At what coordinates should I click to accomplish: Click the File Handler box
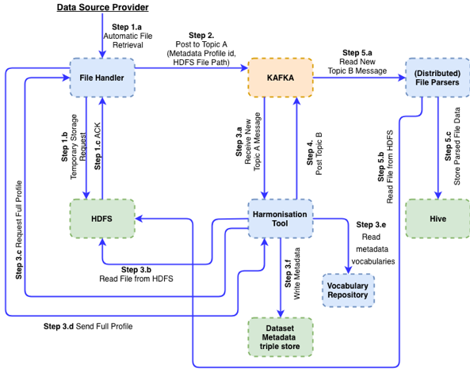coord(102,78)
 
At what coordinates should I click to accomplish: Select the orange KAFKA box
coord(281,78)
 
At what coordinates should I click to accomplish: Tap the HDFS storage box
coord(102,218)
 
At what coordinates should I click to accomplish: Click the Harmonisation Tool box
coord(281,218)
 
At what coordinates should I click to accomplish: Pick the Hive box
coord(438,218)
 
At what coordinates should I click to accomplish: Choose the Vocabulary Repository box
coord(348,290)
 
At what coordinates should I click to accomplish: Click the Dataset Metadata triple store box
coord(281,337)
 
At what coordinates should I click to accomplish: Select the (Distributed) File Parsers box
coord(438,78)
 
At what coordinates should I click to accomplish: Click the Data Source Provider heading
coord(102,7)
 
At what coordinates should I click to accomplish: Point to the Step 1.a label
coord(127,27)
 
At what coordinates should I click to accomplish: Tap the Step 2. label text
coord(201,36)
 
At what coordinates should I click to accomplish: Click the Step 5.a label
coord(357,53)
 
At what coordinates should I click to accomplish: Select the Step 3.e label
coord(371,225)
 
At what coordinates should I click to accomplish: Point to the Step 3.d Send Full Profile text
coord(88,326)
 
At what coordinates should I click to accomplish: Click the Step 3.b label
coord(136,270)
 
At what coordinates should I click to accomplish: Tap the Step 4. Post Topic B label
coord(314,154)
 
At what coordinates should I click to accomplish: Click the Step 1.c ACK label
coord(97,146)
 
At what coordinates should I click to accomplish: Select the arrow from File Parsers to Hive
coord(438,148)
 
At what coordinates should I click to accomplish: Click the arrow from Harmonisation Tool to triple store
coord(281,278)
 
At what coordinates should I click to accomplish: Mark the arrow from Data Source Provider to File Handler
coord(102,36)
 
